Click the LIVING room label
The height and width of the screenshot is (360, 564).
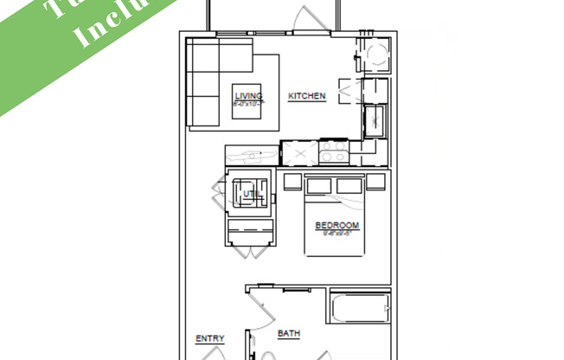[248, 95]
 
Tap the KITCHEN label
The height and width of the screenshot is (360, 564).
[306, 96]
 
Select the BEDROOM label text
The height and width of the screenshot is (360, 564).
[336, 226]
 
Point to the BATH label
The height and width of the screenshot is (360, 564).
[289, 333]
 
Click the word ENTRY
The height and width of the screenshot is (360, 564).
[210, 338]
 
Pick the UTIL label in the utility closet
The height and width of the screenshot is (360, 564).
[250, 194]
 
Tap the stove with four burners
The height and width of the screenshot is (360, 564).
[332, 152]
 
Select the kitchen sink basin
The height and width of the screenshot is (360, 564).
[375, 120]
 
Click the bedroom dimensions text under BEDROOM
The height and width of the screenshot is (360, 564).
[336, 233]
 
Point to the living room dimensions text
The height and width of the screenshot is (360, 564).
[248, 103]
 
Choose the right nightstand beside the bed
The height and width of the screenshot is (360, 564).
[375, 182]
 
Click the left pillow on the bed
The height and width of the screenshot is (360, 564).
[319, 185]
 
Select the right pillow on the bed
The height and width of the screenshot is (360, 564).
[349, 185]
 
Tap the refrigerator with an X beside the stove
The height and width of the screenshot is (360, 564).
[300, 153]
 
